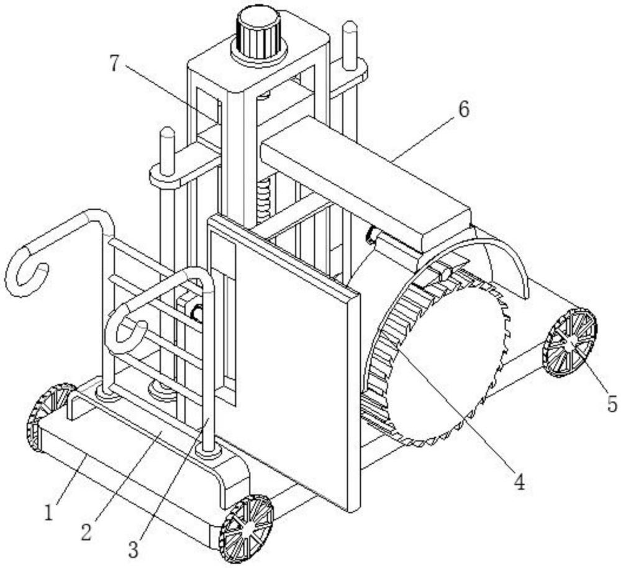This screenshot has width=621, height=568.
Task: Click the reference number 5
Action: (x=612, y=405)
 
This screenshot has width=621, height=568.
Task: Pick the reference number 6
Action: (x=463, y=110)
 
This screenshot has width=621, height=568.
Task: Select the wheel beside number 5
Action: (x=569, y=342)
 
